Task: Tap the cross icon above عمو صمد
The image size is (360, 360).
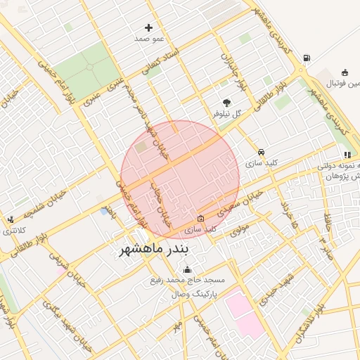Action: (x=148, y=27)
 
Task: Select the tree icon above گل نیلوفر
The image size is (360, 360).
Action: (x=226, y=102)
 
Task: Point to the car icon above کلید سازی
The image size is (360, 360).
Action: (x=261, y=152)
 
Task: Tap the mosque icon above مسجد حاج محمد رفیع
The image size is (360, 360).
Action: (x=187, y=269)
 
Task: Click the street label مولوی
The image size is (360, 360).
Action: (x=240, y=226)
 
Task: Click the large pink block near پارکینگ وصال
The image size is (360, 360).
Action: (x=242, y=314)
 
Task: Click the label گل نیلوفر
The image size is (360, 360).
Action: (x=227, y=113)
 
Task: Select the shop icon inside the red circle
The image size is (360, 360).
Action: (x=200, y=219)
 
